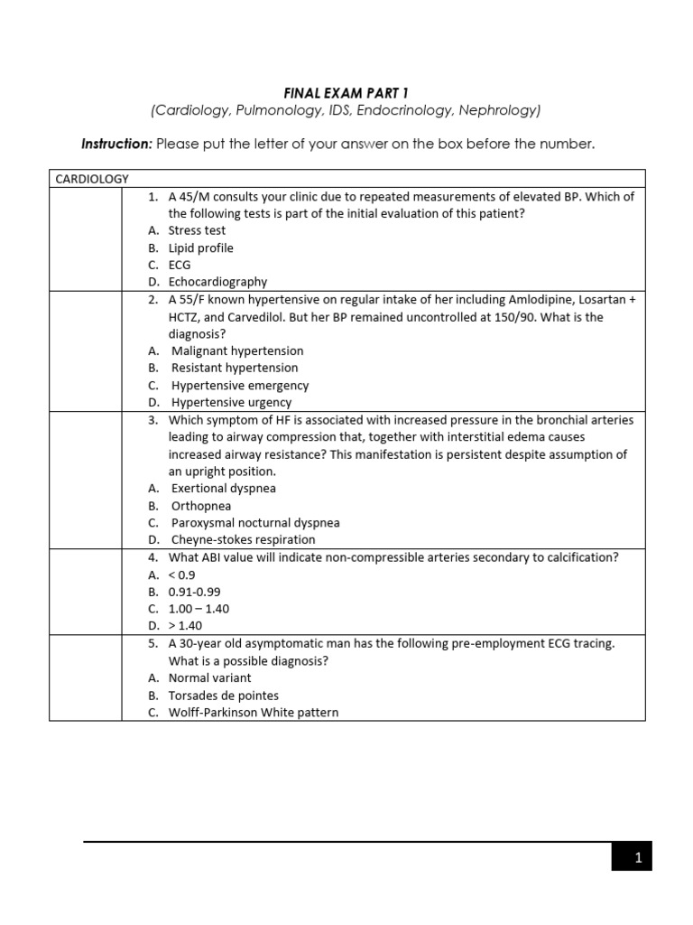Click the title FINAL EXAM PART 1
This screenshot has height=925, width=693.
tap(346, 92)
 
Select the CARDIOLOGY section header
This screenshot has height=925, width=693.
tap(92, 179)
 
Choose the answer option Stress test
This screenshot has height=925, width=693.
tap(197, 230)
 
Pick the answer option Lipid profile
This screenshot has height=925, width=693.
tap(200, 248)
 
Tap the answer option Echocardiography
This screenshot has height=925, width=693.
tap(217, 282)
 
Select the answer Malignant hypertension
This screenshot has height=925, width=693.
tap(237, 350)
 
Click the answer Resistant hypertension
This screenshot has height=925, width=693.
tap(235, 368)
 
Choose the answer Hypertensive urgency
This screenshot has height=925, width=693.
tap(232, 403)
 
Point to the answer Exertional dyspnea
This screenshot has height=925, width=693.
tap(224, 489)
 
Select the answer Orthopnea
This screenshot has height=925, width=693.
tap(201, 506)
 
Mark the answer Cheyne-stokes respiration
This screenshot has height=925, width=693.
tap(243, 540)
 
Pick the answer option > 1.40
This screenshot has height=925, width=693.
tap(185, 625)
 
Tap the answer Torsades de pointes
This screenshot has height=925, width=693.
tap(223, 696)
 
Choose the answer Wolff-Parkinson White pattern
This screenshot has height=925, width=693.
tap(254, 713)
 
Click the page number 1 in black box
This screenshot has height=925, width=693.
tap(637, 858)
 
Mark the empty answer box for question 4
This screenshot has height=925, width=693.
tap(86, 592)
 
